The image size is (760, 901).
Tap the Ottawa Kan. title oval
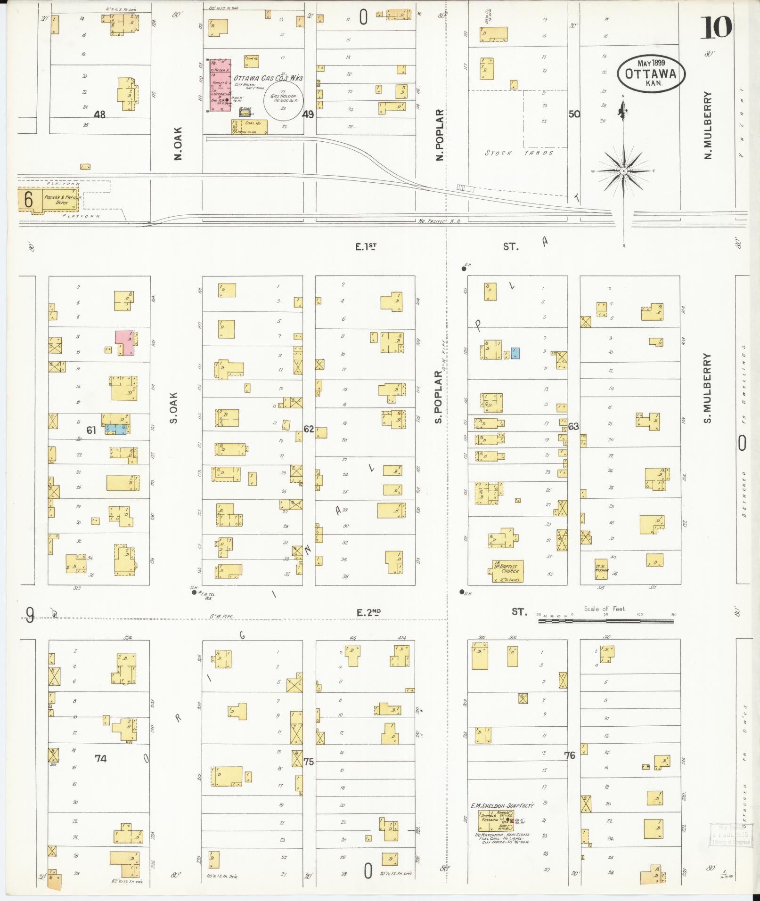click(x=651, y=73)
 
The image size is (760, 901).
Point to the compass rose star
click(x=623, y=170)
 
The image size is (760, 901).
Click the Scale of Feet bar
click(x=606, y=621)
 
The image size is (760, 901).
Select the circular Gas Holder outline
click(x=283, y=103)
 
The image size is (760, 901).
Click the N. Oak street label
click(x=178, y=143)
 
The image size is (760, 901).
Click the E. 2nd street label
click(x=368, y=613)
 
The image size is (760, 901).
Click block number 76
click(x=570, y=755)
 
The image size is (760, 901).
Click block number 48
click(x=99, y=114)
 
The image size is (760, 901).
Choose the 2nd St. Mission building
click(x=601, y=568)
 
